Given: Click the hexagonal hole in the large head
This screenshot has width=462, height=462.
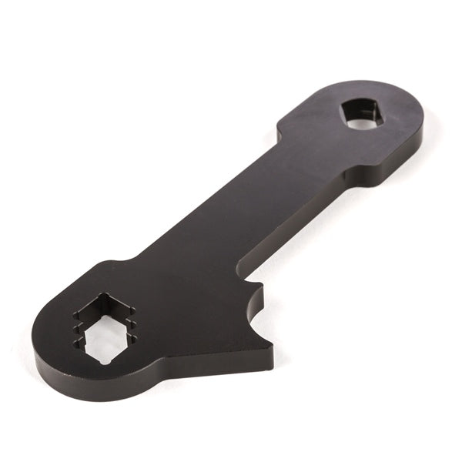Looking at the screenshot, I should coord(106,326).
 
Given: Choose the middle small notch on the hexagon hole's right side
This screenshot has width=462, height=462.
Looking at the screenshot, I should coord(133,324).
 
